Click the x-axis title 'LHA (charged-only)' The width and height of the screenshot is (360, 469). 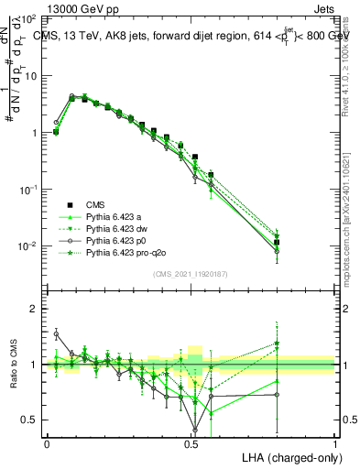[288, 456]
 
